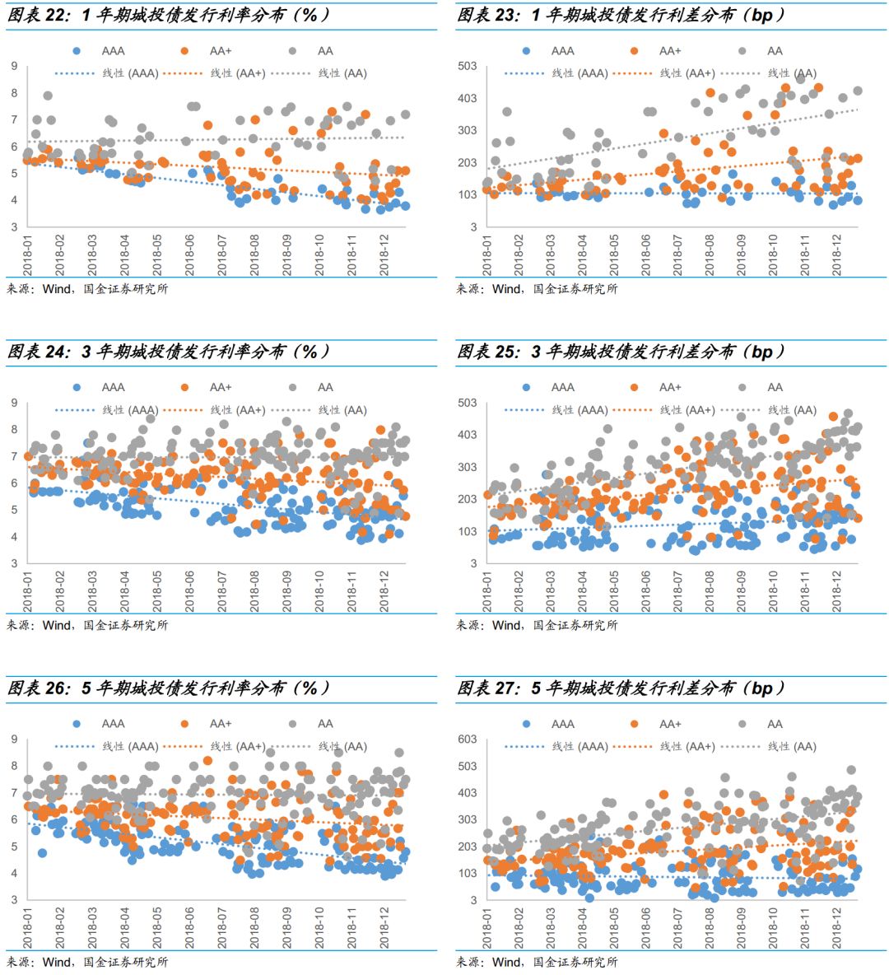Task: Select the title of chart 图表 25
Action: click(x=621, y=352)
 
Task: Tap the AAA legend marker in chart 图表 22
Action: click(x=77, y=51)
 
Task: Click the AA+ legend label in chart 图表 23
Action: click(x=670, y=51)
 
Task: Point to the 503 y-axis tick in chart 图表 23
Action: click(x=467, y=66)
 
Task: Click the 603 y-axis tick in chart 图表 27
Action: click(x=467, y=739)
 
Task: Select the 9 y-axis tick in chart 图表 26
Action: click(x=14, y=739)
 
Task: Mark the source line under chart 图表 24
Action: click(x=88, y=625)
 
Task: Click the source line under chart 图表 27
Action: click(x=538, y=962)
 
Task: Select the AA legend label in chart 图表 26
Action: click(x=326, y=724)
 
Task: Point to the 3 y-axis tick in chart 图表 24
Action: click(x=14, y=563)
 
